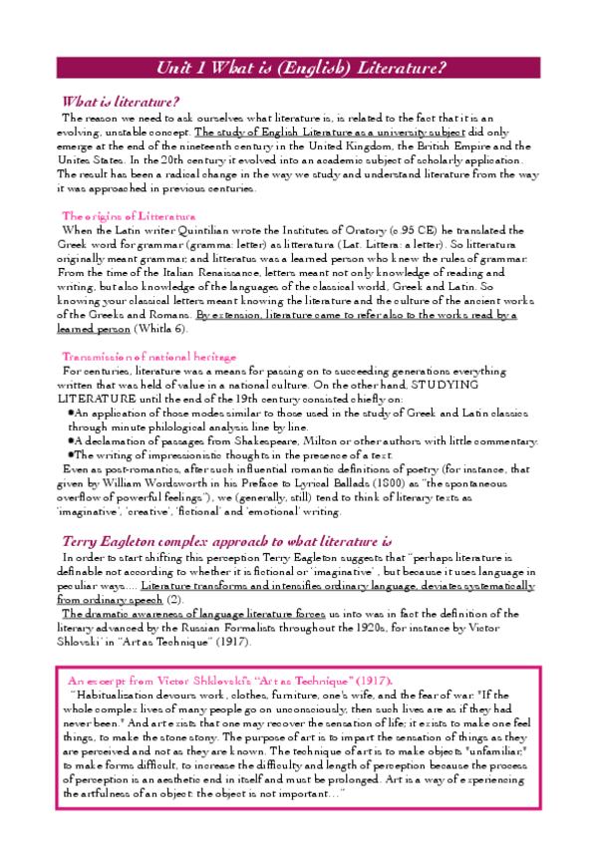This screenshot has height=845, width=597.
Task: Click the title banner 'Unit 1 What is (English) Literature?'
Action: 300,68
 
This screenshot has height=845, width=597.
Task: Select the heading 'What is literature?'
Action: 121,102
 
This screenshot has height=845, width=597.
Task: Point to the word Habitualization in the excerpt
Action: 119,694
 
